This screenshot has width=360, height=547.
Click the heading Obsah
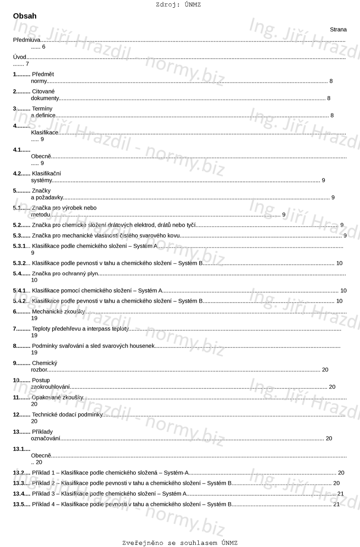click(25, 16)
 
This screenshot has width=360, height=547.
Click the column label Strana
click(338, 30)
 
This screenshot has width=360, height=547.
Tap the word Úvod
click(20, 57)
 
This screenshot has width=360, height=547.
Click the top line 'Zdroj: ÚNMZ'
click(178, 5)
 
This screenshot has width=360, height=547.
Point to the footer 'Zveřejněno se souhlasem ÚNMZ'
click(180, 543)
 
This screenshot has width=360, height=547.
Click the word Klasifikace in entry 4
click(45, 132)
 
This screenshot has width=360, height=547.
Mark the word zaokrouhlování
click(50, 387)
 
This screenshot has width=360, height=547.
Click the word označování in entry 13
click(45, 438)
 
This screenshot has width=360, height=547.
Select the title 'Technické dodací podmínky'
click(67, 415)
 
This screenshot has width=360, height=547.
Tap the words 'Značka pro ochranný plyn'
click(65, 273)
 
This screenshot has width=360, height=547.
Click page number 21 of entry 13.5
click(336, 504)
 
